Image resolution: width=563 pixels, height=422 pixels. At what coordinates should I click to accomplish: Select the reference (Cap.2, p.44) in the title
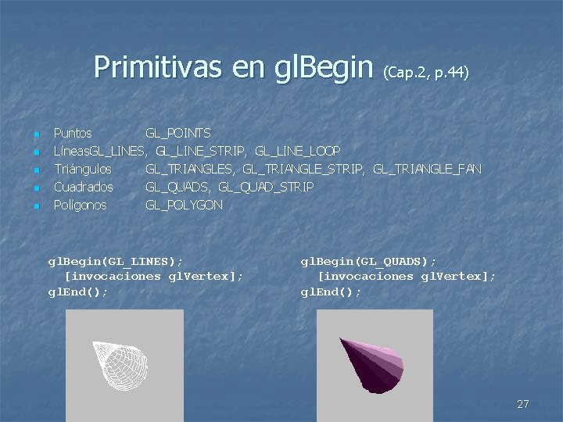pos(425,73)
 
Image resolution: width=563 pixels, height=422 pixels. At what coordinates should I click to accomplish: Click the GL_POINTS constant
pos(178,134)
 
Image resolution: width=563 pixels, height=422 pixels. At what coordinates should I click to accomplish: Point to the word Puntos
pos(72,134)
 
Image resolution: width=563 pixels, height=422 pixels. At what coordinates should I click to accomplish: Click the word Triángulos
pos(82,170)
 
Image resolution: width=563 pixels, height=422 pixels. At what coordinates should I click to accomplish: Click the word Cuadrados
pos(83,188)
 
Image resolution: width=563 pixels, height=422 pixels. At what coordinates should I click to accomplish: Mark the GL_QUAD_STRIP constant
pos(266,188)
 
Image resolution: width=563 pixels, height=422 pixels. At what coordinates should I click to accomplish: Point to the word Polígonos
pos(80,206)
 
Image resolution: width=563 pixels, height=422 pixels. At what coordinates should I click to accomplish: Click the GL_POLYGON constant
pos(184,206)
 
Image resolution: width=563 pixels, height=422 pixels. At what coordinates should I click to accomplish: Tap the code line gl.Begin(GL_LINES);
pos(116,260)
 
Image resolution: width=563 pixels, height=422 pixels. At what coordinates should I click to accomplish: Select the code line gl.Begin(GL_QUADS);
pos(368,260)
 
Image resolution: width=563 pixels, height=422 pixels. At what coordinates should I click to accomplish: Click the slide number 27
pos(523,404)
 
